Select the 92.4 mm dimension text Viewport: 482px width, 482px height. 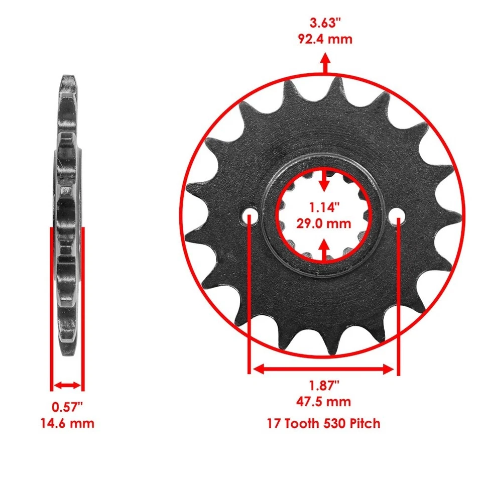[x=324, y=39]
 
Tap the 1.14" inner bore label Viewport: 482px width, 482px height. [x=324, y=207]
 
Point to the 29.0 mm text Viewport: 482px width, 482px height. [x=324, y=223]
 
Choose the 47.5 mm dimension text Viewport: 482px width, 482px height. [x=324, y=402]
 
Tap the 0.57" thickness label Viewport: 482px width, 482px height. [x=67, y=406]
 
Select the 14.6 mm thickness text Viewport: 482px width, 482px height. [x=67, y=423]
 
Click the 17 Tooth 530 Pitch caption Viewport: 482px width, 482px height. [x=324, y=423]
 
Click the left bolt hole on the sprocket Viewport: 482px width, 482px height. [x=250, y=217]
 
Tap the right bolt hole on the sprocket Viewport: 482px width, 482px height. [x=398, y=217]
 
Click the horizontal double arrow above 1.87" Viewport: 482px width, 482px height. [x=324, y=370]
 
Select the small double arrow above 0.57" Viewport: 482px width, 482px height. [x=67, y=386]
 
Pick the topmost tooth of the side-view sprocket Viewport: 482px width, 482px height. [x=68, y=83]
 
